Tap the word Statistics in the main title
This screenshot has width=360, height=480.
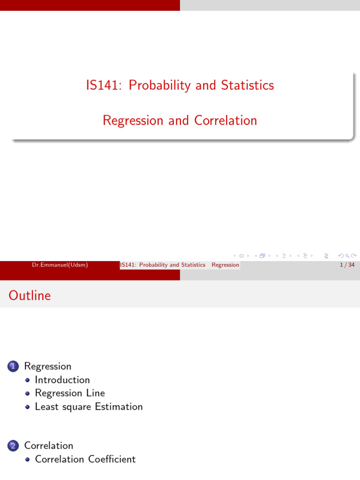click(247, 85)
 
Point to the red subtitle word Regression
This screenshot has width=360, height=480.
click(133, 120)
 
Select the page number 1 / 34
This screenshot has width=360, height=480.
click(347, 265)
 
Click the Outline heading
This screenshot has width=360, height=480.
click(30, 296)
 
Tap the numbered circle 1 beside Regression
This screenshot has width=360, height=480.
click(13, 367)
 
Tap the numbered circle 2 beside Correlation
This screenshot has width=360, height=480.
click(13, 446)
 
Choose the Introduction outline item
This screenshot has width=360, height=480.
click(62, 380)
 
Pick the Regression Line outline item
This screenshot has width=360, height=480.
click(70, 393)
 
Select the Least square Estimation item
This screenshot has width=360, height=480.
click(89, 406)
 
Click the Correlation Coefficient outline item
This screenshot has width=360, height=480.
click(85, 459)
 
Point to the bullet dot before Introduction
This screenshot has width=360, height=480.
click(28, 380)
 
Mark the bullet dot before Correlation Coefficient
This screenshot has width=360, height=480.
click(28, 459)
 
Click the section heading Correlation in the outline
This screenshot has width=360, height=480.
click(49, 445)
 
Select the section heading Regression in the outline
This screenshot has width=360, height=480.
click(48, 366)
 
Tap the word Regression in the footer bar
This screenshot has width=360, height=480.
click(225, 265)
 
